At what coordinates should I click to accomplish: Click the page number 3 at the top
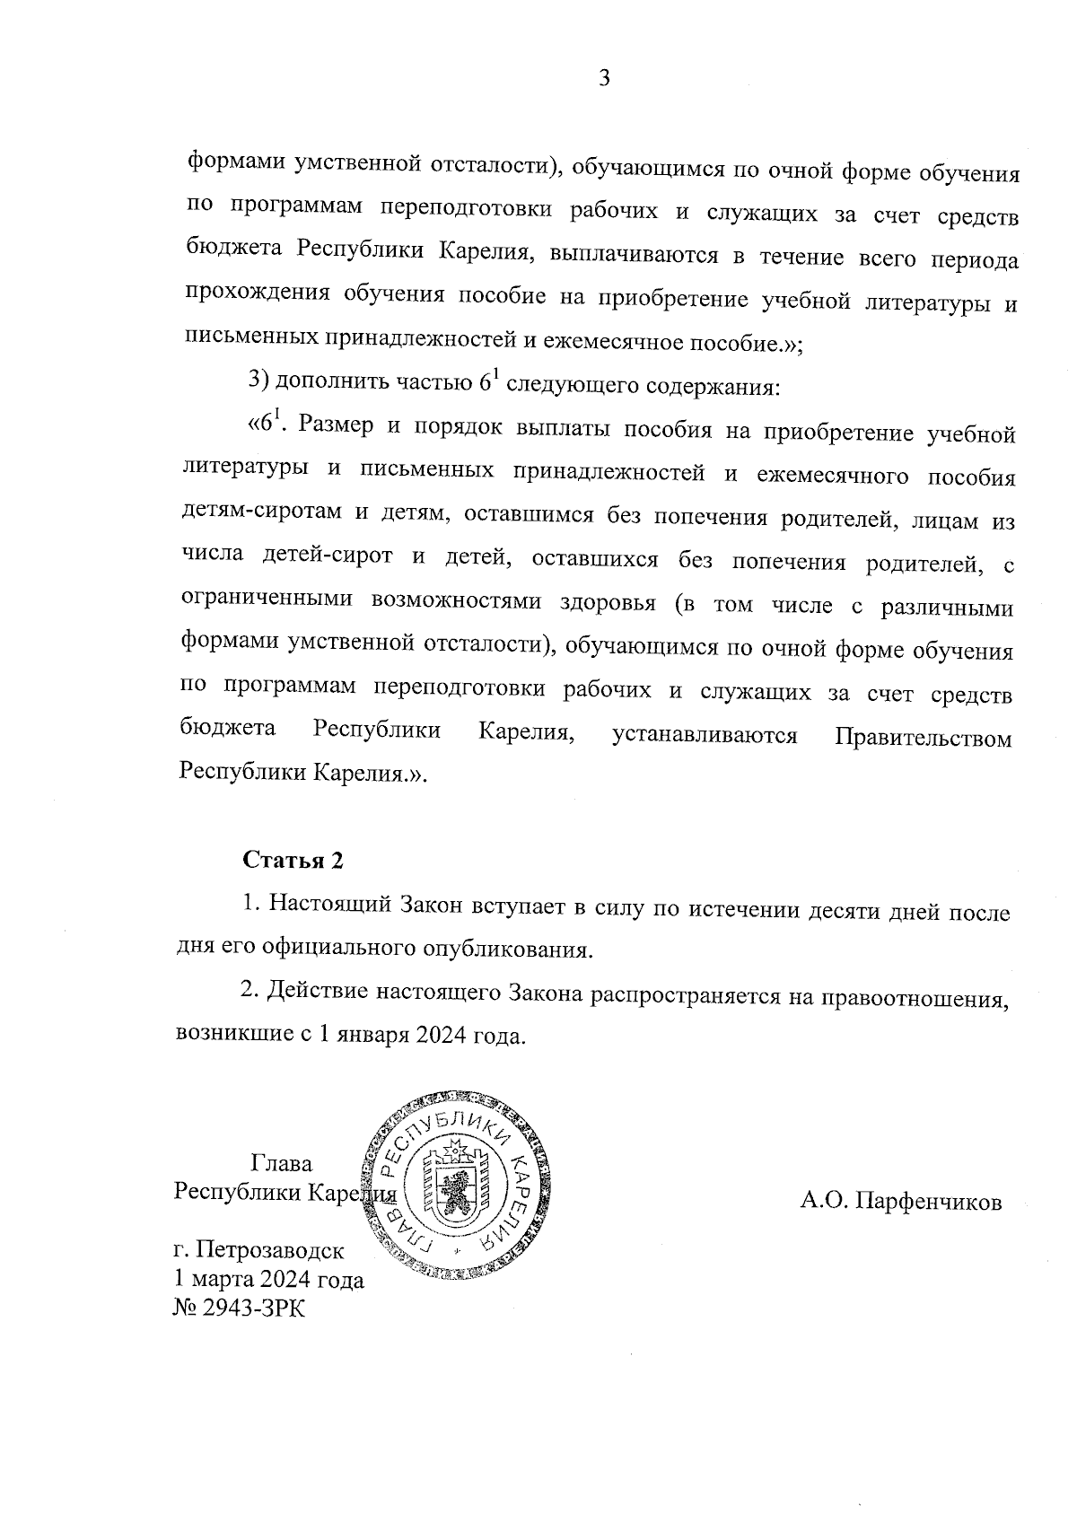click(604, 80)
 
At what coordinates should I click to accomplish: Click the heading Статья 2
click(293, 861)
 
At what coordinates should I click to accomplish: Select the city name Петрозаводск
click(269, 1249)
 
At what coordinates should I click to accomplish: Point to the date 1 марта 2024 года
click(268, 1279)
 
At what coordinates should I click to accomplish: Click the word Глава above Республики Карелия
click(282, 1164)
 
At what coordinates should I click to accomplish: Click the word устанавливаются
click(705, 737)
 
